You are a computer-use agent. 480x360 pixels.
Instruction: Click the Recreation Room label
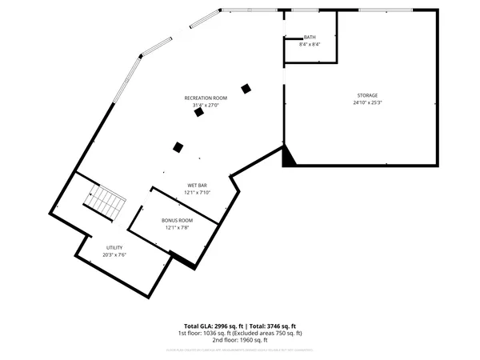tap(205, 98)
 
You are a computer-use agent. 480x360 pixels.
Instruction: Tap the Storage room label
tap(367, 95)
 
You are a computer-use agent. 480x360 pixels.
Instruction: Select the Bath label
tap(310, 38)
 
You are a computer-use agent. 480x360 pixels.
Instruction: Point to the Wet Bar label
tap(197, 186)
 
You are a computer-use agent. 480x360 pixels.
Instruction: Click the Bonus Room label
tap(177, 220)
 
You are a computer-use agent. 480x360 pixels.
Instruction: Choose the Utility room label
tap(114, 248)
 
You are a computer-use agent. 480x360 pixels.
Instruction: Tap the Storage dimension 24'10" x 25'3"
tap(367, 103)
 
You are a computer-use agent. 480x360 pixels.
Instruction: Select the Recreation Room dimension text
tap(205, 105)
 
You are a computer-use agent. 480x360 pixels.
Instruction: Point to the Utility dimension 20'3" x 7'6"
tap(114, 255)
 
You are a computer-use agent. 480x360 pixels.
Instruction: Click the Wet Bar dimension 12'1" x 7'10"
tap(197, 193)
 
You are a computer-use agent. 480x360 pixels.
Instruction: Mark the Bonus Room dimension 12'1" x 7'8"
tap(177, 227)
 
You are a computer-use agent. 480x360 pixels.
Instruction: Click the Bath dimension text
tap(310, 45)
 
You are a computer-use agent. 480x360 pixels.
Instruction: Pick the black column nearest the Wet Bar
tap(178, 146)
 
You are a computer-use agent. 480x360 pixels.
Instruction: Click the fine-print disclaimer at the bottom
tap(240, 350)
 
